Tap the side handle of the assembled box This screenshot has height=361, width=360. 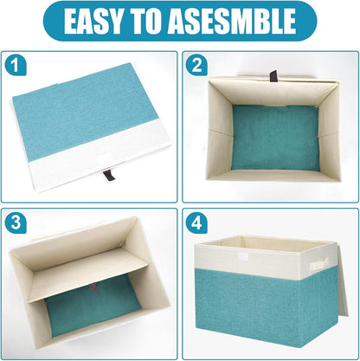(x=320, y=263)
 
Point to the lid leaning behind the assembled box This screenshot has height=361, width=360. (x=344, y=277)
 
